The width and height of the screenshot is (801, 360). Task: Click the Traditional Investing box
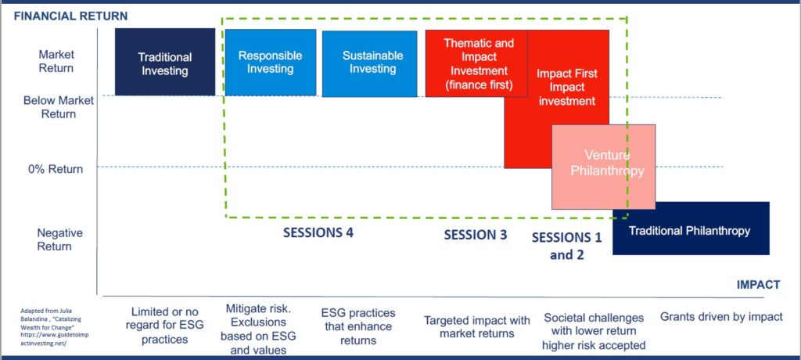[164, 62]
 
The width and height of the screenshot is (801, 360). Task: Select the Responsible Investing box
[270, 62]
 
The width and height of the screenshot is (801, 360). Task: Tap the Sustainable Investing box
[369, 63]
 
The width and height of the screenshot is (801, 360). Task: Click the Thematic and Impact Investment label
[478, 64]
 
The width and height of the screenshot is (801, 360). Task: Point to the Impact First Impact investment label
[566, 88]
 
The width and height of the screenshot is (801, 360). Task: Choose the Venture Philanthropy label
[607, 163]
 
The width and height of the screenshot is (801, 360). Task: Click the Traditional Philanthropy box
[691, 228]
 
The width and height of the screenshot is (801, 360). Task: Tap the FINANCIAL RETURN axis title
[70, 16]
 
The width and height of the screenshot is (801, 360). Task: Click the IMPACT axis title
[758, 285]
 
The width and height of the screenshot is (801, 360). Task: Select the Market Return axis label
[56, 61]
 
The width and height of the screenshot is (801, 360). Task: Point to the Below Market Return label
[58, 107]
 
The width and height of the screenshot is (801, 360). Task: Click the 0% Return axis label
[56, 169]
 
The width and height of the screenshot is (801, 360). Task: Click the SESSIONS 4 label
[318, 232]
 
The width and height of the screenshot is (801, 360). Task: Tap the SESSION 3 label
[476, 235]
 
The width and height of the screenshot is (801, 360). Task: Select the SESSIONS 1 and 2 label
[567, 246]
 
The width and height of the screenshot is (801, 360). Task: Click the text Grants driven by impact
[721, 317]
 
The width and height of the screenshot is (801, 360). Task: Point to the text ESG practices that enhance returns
[358, 327]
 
